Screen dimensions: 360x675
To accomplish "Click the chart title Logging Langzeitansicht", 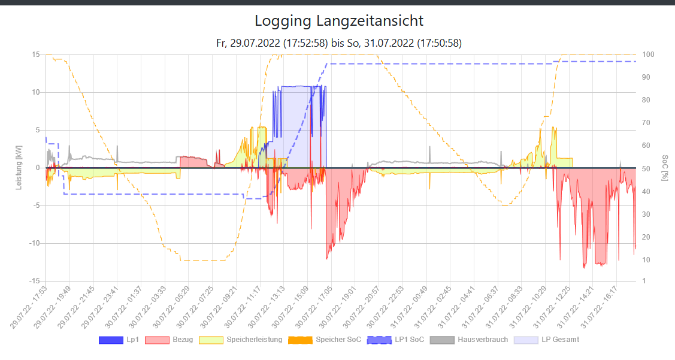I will click(x=338, y=21).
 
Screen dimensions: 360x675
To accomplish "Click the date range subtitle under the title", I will click(x=338, y=43).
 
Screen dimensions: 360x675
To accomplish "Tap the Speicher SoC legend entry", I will click(x=325, y=340).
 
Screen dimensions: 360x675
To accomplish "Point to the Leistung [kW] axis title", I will click(x=19, y=168).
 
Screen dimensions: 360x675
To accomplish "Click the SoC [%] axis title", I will click(x=665, y=168).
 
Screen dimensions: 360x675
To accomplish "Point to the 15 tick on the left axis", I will click(x=36, y=55).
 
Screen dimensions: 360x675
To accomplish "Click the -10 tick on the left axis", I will click(x=34, y=243).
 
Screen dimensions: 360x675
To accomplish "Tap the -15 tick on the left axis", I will click(x=34, y=281).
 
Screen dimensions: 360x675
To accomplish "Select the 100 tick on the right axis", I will click(x=649, y=55).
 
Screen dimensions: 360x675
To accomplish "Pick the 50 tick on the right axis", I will click(x=647, y=169).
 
